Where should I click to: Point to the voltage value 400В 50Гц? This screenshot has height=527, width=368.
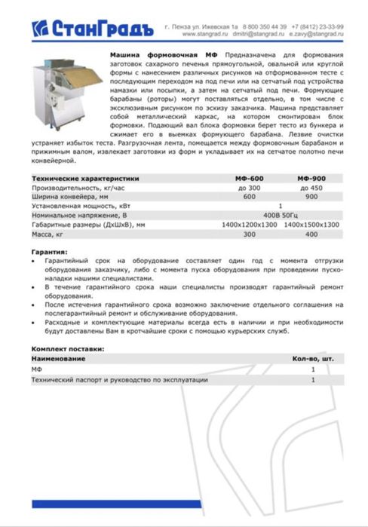[281, 215]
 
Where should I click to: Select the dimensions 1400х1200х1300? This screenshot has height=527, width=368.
[250, 225]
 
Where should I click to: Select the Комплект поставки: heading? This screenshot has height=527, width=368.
[67, 349]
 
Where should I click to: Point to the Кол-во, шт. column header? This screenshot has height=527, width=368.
[312, 359]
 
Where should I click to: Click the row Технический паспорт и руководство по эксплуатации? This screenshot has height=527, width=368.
[119, 381]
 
